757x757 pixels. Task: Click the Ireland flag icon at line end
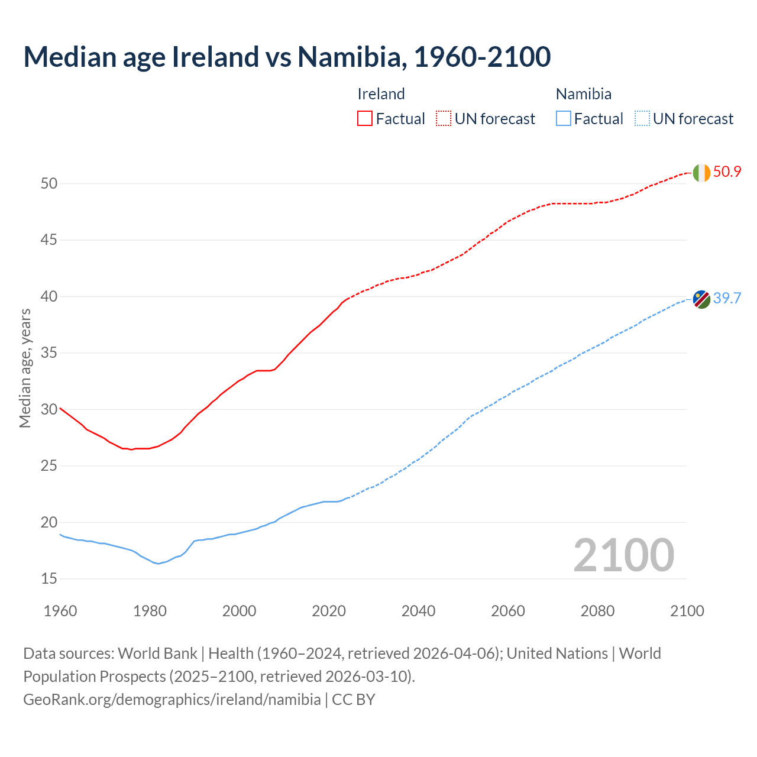(701, 173)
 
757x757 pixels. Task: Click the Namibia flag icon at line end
(701, 299)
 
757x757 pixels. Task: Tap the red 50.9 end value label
(727, 172)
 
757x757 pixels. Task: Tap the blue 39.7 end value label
(727, 298)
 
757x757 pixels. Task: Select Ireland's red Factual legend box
(365, 118)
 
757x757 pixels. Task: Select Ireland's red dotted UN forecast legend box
(444, 118)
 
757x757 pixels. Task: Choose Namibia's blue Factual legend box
(564, 118)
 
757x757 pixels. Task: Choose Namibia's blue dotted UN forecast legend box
(642, 118)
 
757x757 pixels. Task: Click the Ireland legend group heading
(381, 94)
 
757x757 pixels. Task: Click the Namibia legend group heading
(584, 94)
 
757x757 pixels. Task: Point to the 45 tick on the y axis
(49, 240)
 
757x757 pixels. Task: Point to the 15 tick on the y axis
(49, 578)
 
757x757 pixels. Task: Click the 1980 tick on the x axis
(150, 611)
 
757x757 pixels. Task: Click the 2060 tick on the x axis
(508, 611)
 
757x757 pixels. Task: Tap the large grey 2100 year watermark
(624, 555)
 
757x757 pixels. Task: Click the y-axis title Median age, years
(25, 368)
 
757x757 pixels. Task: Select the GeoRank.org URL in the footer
(172, 699)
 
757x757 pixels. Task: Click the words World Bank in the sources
(157, 654)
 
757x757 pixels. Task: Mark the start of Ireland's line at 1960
(60, 408)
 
